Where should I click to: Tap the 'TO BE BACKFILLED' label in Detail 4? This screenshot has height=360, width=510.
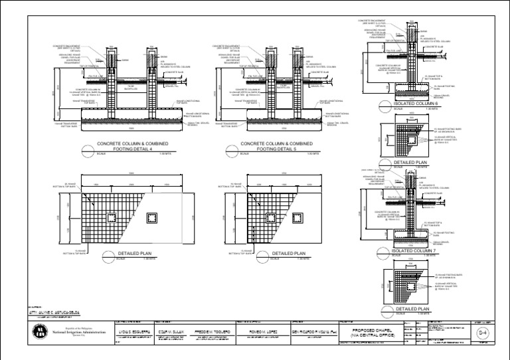[131, 86]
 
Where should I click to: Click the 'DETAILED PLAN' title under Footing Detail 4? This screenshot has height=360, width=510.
[135, 253]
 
